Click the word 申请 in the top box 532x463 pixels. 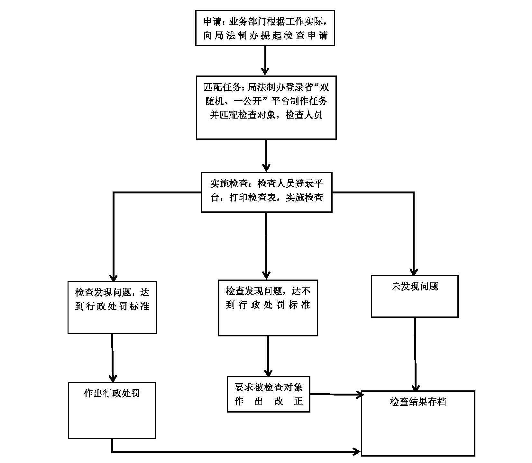click(213, 22)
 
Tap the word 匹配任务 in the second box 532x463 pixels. click(222, 87)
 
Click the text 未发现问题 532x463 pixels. click(415, 287)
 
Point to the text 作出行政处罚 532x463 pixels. click(112, 393)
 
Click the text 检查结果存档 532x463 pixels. click(418, 402)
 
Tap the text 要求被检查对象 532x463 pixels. click(269, 387)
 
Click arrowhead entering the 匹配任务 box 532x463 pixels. click(265, 71)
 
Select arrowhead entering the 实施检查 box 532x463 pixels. click(266, 167)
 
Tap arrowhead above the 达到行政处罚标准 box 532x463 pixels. click(113, 277)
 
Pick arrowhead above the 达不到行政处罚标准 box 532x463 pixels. click(266, 275)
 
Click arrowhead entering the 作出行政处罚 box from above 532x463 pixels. click(113, 378)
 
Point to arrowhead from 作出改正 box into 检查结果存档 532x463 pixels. click(359, 395)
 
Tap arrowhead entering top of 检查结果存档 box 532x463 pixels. click(416, 387)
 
